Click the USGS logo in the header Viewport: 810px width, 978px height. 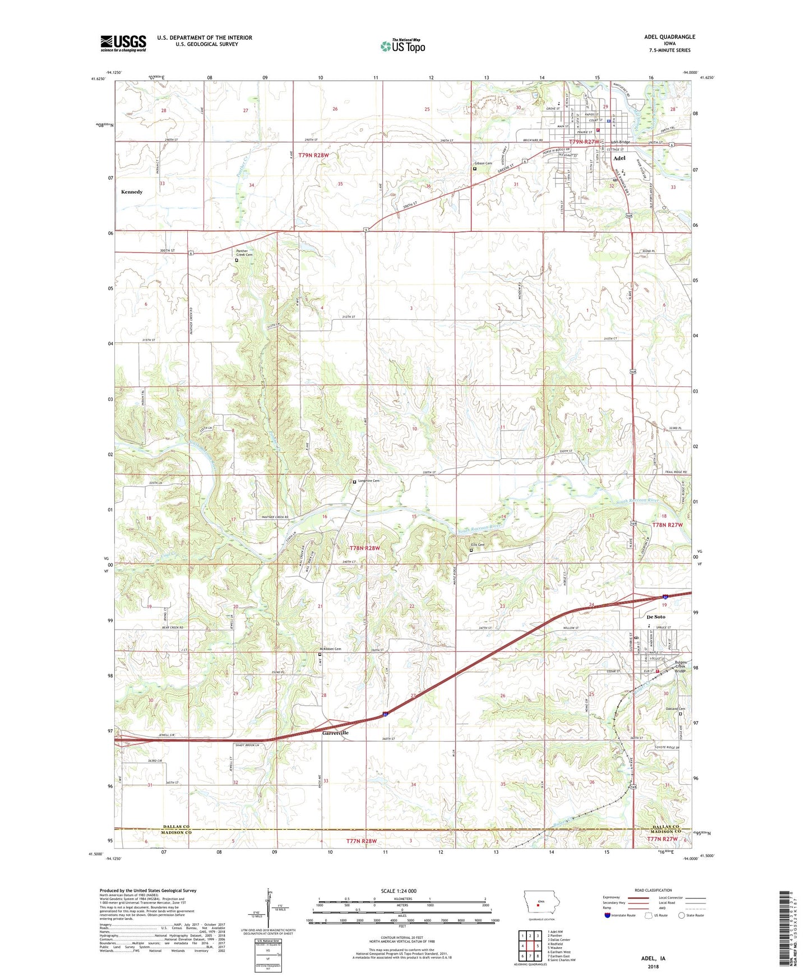pos(123,43)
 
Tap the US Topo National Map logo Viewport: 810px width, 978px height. pos(402,46)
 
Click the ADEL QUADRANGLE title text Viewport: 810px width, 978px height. pos(669,37)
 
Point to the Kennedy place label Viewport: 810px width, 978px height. pos(132,192)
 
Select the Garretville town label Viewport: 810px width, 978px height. pos(335,733)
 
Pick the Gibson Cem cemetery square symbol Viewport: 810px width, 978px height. pos(475,169)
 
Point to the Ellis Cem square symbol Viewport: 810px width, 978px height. pos(471,550)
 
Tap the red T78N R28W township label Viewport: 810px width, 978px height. pos(365,548)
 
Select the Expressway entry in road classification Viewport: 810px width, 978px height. pos(613,897)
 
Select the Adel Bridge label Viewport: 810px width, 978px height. pos(621,142)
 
